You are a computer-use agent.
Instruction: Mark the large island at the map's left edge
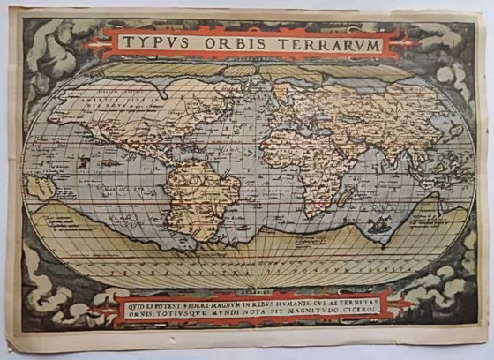(41, 186)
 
